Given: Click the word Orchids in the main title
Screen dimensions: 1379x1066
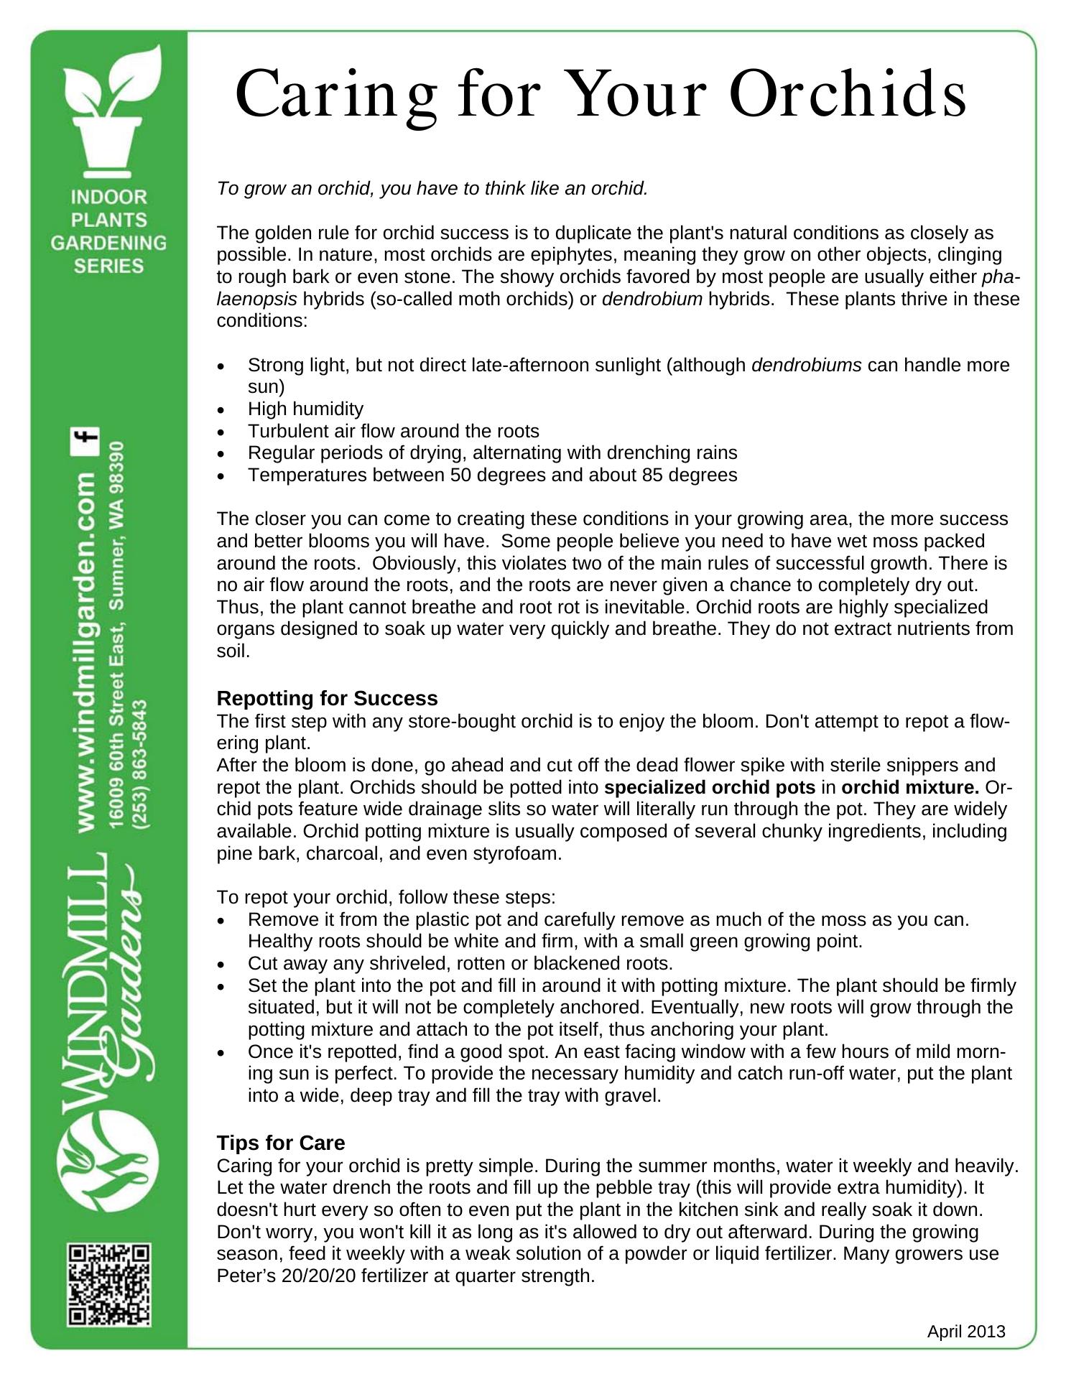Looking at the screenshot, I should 848,95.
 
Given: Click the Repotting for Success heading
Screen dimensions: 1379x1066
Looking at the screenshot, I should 327,699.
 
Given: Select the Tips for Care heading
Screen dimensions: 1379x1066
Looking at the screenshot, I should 281,1143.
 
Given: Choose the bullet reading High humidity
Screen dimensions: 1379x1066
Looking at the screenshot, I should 305,409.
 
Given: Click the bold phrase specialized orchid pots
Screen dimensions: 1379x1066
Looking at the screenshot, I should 710,787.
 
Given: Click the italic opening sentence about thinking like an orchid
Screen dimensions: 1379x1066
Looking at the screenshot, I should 432,189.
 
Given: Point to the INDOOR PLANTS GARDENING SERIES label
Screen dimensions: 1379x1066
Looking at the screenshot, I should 109,231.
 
